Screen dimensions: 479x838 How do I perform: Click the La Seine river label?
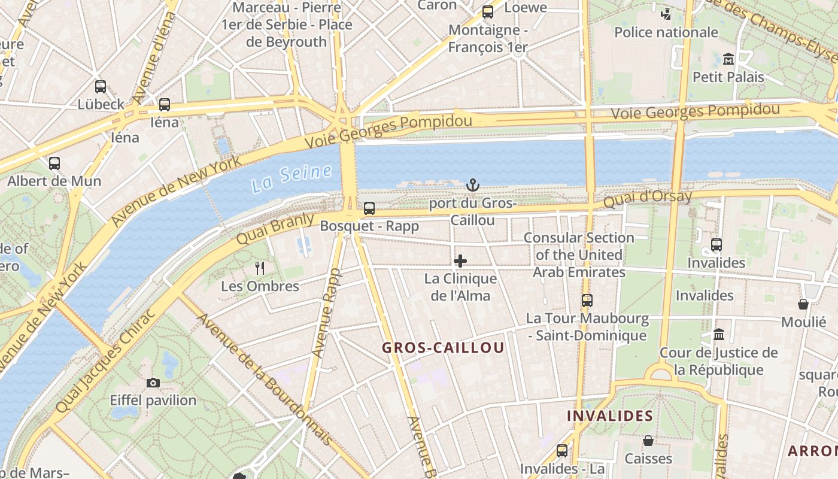292,178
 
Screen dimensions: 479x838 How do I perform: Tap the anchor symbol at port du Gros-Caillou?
473,185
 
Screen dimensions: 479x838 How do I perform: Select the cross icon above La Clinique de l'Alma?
460,261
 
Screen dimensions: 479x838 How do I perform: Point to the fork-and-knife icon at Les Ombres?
260,268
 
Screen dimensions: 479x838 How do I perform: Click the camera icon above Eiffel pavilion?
153,383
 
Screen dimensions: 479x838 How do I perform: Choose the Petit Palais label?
728,77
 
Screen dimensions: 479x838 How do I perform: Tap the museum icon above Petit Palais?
728,59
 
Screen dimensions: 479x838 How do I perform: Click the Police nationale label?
666,32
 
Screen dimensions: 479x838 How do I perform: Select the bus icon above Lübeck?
101,87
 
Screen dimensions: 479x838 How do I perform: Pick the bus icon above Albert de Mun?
54,163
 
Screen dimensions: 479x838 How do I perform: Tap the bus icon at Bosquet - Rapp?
369,208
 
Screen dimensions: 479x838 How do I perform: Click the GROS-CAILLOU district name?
443,348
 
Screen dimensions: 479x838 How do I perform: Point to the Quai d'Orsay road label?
647,199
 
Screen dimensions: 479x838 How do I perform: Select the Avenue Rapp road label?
327,313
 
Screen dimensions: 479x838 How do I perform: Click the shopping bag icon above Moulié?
803,304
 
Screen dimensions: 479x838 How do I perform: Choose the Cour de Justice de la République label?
718,361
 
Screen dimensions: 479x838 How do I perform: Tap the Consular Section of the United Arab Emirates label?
579,255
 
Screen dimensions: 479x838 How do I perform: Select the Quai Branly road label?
275,228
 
